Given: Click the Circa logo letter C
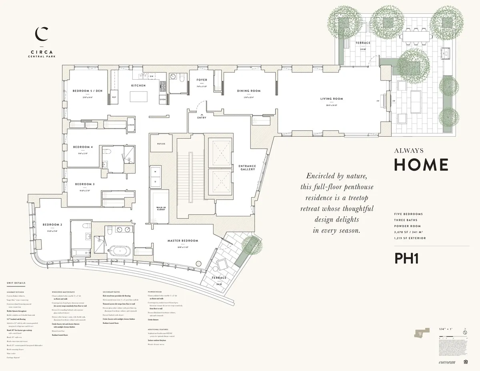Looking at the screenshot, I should pyautogui.click(x=41, y=34).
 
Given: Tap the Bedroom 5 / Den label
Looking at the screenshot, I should pyautogui.click(x=88, y=91).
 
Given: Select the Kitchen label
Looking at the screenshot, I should pyautogui.click(x=138, y=85).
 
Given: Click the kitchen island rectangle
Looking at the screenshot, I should pyautogui.click(x=138, y=97).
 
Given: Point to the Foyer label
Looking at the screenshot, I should pyautogui.click(x=202, y=80).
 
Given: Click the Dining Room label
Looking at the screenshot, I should pyautogui.click(x=249, y=91).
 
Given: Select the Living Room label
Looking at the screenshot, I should pyautogui.click(x=332, y=99).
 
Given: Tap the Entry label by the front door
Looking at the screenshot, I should pyautogui.click(x=202, y=118).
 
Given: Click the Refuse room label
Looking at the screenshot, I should pyautogui.click(x=161, y=143).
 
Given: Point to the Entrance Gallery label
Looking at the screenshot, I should pyautogui.click(x=247, y=168).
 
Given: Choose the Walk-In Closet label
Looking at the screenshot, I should pyautogui.click(x=161, y=208).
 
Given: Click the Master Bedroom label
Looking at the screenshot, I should pyautogui.click(x=183, y=241).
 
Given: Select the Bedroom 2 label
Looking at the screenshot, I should pyautogui.click(x=51, y=224).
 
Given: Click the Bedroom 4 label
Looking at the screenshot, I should pyautogui.click(x=83, y=147).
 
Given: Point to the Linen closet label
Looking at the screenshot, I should pyautogui.click(x=131, y=125).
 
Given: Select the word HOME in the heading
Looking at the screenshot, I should pyautogui.click(x=421, y=164).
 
